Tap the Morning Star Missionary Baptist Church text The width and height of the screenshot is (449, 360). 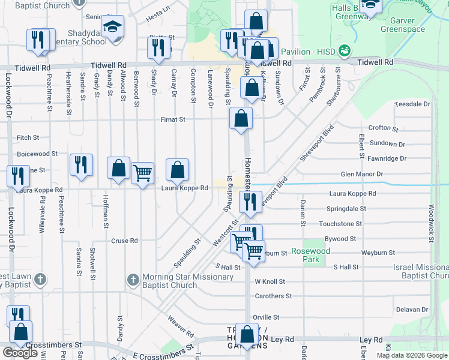point(187,281)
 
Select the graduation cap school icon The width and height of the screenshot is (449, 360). point(112,27)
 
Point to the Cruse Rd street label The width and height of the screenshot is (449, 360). point(125,241)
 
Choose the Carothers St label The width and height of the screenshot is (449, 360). point(273,296)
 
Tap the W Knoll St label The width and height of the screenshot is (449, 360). point(270,281)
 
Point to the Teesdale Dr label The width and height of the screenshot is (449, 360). point(412,104)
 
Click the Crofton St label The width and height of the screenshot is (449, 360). point(383,128)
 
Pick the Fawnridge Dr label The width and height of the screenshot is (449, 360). point(389,158)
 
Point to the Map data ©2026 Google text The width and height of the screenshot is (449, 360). point(411,355)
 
